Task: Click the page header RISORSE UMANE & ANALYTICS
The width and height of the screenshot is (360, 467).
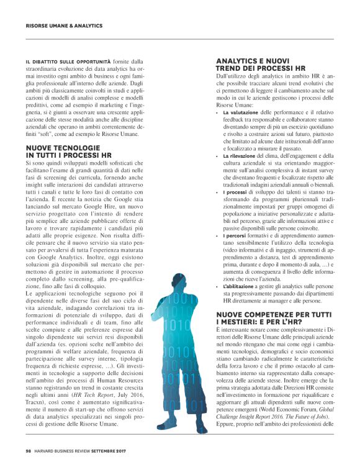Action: (64, 25)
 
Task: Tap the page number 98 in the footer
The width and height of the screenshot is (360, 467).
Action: (29, 451)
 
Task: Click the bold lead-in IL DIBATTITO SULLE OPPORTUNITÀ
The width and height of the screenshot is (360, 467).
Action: (68, 61)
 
